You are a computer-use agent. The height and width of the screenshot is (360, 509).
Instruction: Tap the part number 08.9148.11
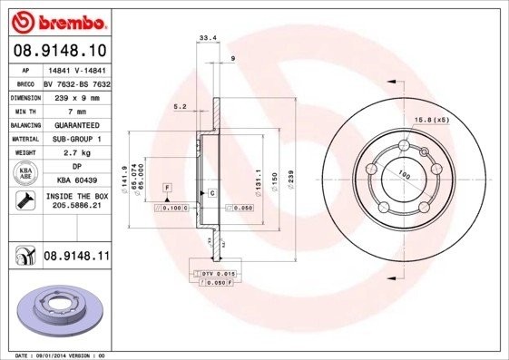76,258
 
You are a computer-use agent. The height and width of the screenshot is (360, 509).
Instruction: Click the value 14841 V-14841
75,70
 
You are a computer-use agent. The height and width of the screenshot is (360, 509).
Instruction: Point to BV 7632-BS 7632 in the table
75,83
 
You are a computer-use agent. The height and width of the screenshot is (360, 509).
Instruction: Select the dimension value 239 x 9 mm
75,96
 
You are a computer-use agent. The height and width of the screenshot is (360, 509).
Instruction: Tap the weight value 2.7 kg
75,153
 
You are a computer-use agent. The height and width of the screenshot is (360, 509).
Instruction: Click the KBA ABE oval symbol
23,173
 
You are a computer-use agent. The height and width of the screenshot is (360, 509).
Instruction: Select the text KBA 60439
75,180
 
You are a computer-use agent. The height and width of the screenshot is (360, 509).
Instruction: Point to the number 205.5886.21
75,207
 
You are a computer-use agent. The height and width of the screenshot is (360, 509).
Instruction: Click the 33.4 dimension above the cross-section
206,38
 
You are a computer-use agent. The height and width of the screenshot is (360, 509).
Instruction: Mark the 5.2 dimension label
180,107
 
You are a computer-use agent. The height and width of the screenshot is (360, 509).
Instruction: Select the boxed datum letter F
167,187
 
